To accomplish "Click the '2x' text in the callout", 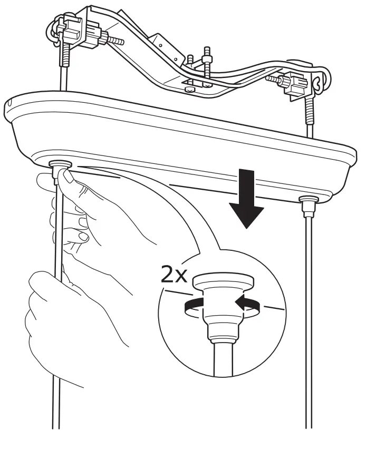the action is point(174,274).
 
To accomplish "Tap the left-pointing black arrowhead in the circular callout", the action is point(239,301).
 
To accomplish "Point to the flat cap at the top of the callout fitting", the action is point(224,280).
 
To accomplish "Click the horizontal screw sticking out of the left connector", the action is point(114,40).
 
